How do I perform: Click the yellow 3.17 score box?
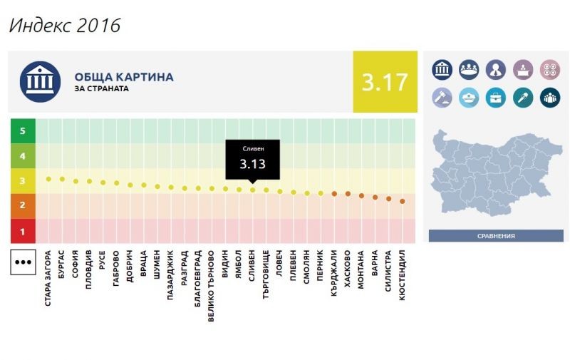pos(385,82)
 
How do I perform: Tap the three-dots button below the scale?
pos(23,262)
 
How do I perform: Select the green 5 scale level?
pos(23,131)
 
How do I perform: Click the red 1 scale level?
pos(23,231)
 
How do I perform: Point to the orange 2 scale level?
pos(23,206)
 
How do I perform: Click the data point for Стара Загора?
pos(48,179)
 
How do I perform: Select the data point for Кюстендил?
pos(403,201)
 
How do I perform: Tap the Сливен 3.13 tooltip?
pos(252,159)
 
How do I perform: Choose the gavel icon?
pos(442,97)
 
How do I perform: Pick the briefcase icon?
pos(495,97)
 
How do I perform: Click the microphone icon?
pos(522,97)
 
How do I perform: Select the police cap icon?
pos(468,97)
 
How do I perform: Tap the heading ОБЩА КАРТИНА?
pos(123,77)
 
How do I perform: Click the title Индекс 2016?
pos(64,26)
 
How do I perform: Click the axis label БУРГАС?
pos(62,267)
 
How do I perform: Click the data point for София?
pos(76,181)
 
